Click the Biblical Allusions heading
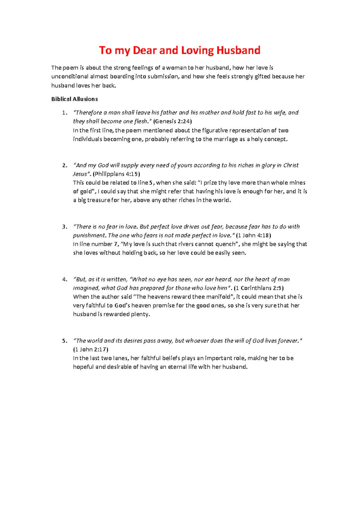(74, 99)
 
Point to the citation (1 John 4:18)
(253, 235)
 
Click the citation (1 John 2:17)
(91, 349)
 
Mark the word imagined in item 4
(86, 288)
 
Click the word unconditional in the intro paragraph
(70, 77)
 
